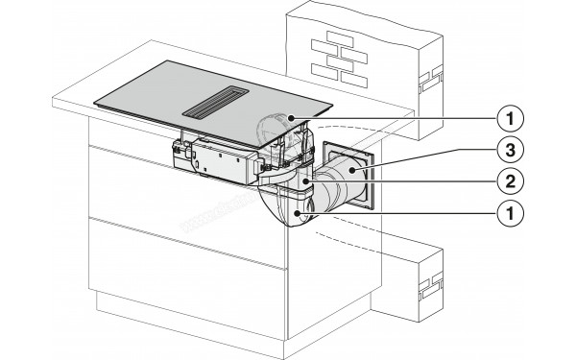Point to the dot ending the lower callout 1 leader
[x=306, y=210]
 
